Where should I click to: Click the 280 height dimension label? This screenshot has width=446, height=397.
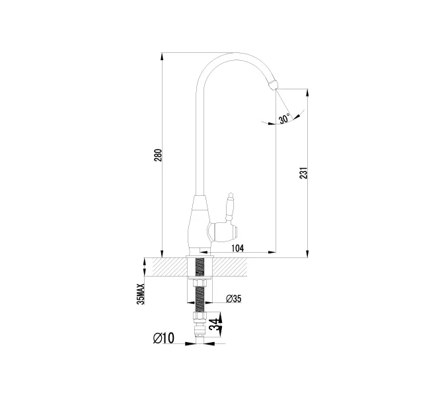click(158, 155)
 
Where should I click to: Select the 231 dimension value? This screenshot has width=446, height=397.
click(304, 173)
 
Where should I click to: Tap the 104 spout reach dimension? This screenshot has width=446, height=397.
click(237, 248)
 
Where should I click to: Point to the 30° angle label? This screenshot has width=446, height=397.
click(284, 118)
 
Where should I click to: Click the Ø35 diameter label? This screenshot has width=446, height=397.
click(234, 298)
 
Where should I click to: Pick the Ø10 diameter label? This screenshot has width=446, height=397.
click(164, 338)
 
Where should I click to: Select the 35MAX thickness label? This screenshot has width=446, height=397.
click(141, 294)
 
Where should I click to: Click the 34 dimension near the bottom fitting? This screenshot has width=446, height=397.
click(215, 324)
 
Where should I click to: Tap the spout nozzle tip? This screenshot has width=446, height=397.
click(273, 85)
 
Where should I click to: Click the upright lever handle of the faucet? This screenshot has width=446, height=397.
click(230, 207)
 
